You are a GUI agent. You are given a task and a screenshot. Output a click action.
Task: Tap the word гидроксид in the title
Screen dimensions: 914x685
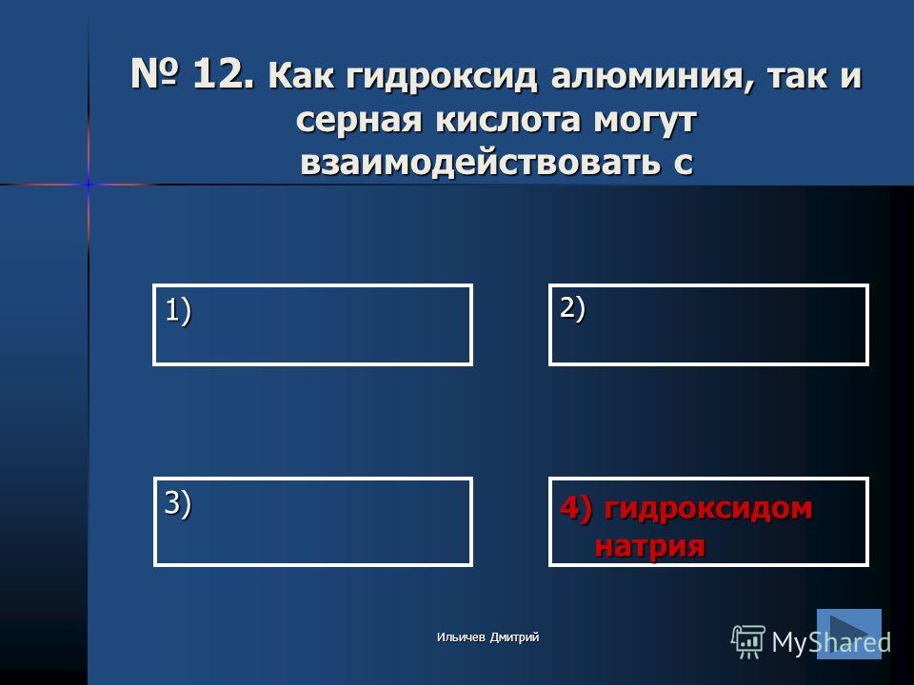click(x=441, y=77)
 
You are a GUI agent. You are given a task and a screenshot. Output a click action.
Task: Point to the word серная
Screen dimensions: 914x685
click(x=359, y=120)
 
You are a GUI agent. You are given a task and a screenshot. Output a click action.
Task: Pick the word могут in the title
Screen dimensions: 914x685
click(x=646, y=121)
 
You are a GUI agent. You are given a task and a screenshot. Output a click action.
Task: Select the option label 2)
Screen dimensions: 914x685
click(x=572, y=308)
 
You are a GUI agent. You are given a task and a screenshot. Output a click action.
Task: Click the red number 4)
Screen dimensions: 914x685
click(x=576, y=508)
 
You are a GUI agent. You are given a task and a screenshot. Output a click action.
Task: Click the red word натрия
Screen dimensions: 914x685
click(x=649, y=546)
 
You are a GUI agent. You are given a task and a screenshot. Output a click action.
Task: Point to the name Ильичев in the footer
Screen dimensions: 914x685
click(x=461, y=637)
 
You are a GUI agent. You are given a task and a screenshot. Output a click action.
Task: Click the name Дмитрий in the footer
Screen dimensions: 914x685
click(x=514, y=637)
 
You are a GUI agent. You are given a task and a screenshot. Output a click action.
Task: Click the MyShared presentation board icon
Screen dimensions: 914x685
click(x=748, y=642)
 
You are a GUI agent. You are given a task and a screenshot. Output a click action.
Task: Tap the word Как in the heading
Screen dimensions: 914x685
click(x=301, y=77)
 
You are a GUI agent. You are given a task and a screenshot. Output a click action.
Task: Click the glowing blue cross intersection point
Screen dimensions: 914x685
click(x=89, y=184)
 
